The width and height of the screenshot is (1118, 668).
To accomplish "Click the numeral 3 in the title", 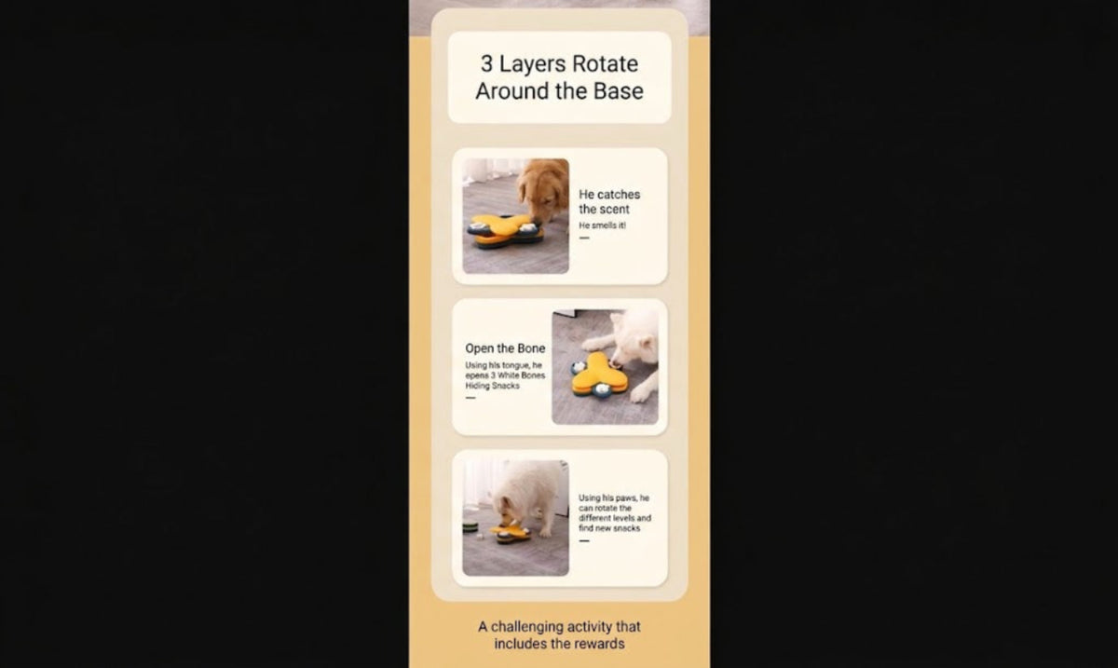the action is pyautogui.click(x=486, y=64).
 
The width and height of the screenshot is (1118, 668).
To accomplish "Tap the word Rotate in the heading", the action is pyautogui.click(x=605, y=64).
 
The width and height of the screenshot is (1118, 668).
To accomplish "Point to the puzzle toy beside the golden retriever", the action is pyautogui.click(x=505, y=230).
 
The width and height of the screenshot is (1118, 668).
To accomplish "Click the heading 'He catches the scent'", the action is pyautogui.click(x=609, y=201).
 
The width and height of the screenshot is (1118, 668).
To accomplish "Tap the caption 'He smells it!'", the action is pyautogui.click(x=602, y=225).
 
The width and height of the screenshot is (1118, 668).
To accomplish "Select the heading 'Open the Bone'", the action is pyautogui.click(x=505, y=348).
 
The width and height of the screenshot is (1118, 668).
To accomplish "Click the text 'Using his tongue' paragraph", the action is pyautogui.click(x=505, y=375).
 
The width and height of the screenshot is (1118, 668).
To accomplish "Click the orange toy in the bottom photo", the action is pyautogui.click(x=511, y=533).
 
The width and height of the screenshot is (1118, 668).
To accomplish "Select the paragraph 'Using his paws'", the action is pyautogui.click(x=614, y=512).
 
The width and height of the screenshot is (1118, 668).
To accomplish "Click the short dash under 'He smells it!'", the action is pyautogui.click(x=584, y=239).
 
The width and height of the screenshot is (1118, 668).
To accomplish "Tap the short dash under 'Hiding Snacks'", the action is pyautogui.click(x=470, y=398).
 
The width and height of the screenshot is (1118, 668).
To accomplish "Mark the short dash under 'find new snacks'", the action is pyautogui.click(x=584, y=540).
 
